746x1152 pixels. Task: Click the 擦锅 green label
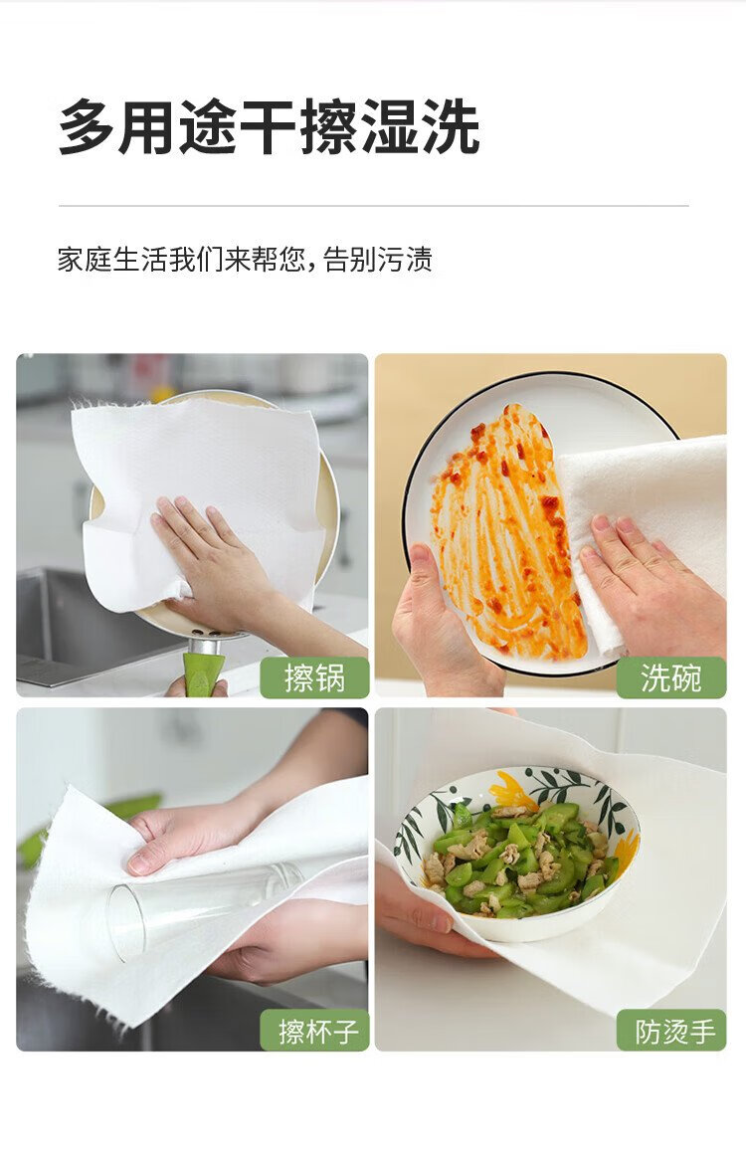[x=314, y=677]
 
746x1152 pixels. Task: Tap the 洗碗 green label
[x=671, y=677]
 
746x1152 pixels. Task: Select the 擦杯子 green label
[x=314, y=1030]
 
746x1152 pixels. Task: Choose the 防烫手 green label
[x=671, y=1030]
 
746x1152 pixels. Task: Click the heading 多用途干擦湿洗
[x=270, y=128]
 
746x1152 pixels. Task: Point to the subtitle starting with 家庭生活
[x=246, y=260]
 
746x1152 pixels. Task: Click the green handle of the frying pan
[x=203, y=673]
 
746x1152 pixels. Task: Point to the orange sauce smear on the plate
[x=506, y=530]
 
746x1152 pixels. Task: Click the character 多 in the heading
[x=87, y=128]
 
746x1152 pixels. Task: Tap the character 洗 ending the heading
[x=453, y=128]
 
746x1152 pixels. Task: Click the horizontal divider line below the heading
[x=373, y=207]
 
